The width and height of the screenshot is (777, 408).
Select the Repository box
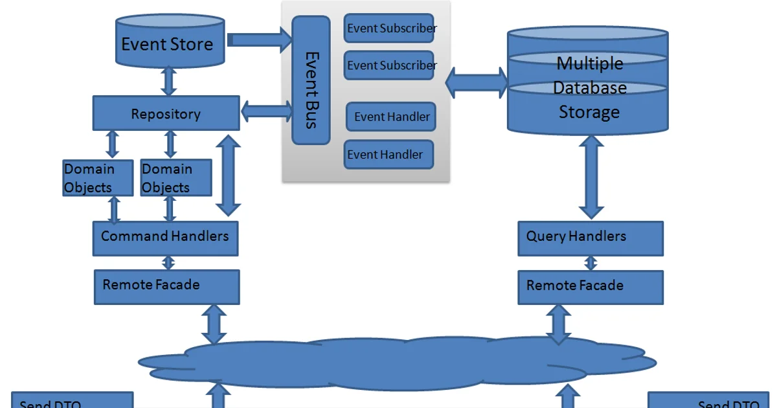pyautogui.click(x=166, y=113)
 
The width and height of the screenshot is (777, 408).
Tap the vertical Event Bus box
pyautogui.click(x=311, y=80)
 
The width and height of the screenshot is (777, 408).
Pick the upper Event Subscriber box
pyautogui.click(x=388, y=28)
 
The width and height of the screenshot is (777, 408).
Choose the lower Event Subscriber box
pyautogui.click(x=388, y=65)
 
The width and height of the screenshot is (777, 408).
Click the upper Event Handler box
pyautogui.click(x=390, y=117)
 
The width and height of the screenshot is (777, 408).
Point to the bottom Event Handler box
pyautogui.click(x=388, y=154)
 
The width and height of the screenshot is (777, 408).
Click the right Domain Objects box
pyautogui.click(x=175, y=178)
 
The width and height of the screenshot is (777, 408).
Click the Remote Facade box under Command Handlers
pyautogui.click(x=166, y=287)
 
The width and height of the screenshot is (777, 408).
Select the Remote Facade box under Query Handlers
pyautogui.click(x=590, y=287)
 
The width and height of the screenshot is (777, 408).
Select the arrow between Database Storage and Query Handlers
pyautogui.click(x=591, y=177)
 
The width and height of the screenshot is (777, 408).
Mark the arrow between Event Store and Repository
pyautogui.click(x=169, y=80)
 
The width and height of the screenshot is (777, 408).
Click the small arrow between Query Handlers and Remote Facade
pyautogui.click(x=591, y=263)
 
